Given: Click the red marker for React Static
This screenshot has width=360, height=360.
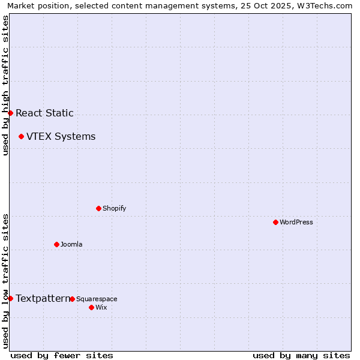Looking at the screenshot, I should (x=10, y=113).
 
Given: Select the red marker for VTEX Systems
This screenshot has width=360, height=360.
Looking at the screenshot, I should (x=21, y=136).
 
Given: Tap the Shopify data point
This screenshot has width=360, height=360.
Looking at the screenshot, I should (x=98, y=208).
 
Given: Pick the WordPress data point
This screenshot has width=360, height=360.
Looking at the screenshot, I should (x=275, y=222).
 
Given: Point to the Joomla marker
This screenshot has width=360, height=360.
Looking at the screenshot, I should (x=56, y=244).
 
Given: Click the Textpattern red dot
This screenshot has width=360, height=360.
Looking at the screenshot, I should (x=10, y=298).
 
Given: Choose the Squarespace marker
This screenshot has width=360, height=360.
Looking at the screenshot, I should (x=72, y=299).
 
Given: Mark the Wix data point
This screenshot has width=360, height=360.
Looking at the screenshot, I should (x=91, y=307).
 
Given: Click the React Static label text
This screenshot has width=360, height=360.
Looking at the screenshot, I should (x=44, y=113).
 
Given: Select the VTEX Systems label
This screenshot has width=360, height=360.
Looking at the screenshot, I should (x=61, y=136).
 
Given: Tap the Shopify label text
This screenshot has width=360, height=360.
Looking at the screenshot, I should (x=114, y=208).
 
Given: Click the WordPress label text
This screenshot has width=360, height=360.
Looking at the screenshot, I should (x=296, y=222).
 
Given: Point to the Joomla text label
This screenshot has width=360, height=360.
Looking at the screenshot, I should (x=71, y=244).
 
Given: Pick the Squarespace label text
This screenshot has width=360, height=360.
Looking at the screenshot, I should (x=97, y=299).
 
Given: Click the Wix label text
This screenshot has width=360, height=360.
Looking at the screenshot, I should (x=101, y=307).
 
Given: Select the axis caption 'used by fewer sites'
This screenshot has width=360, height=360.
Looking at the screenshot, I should (x=62, y=355).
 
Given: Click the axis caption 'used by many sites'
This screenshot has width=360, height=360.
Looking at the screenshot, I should (x=301, y=355).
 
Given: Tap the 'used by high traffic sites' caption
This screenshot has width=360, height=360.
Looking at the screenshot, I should (x=5, y=85).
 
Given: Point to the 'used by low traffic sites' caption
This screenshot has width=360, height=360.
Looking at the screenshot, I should (x=5, y=281).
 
